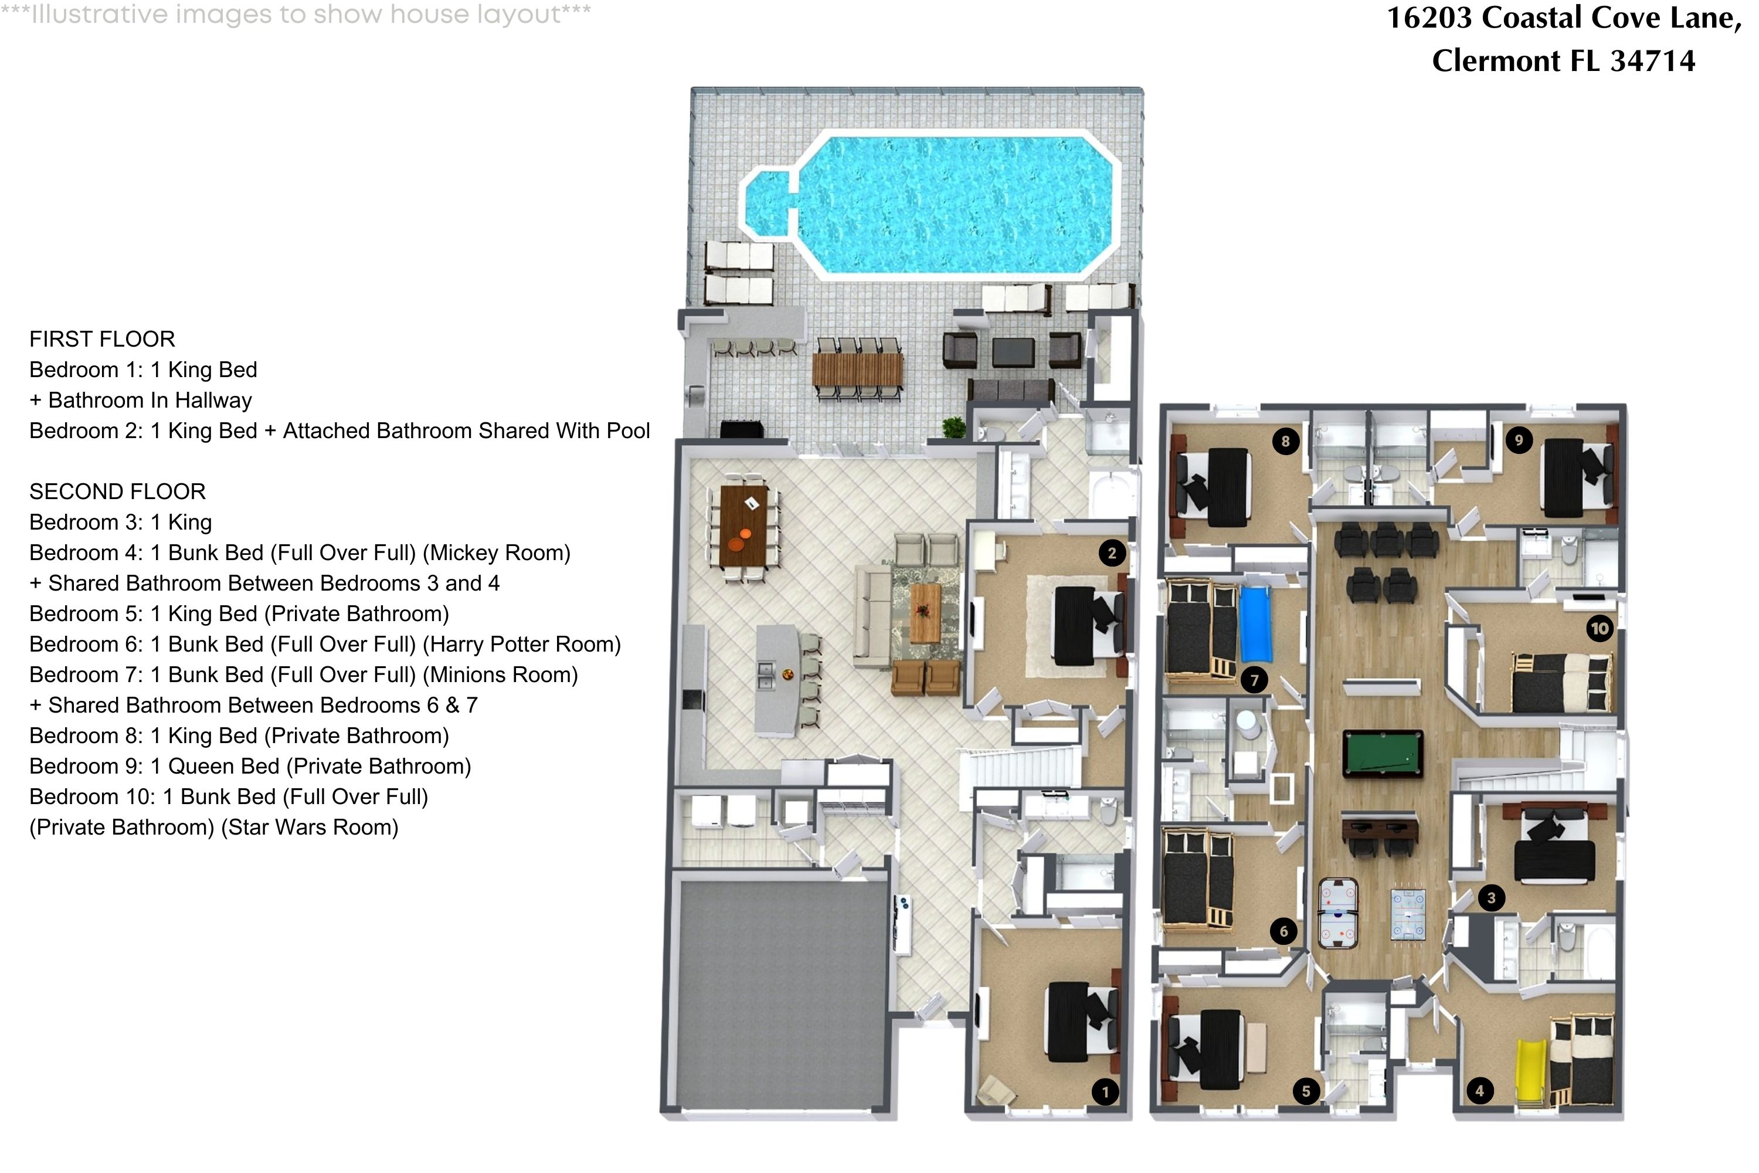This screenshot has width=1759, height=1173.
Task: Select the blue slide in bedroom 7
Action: [x=1256, y=625]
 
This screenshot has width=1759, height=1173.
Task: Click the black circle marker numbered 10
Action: [x=1600, y=628]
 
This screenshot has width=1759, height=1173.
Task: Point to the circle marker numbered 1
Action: [x=1105, y=1091]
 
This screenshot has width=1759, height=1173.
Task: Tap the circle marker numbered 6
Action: [x=1283, y=931]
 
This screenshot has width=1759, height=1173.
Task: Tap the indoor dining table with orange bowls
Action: [x=743, y=526]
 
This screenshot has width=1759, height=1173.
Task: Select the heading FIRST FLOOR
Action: [x=103, y=339]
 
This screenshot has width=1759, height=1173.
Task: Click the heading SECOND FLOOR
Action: [x=117, y=491]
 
